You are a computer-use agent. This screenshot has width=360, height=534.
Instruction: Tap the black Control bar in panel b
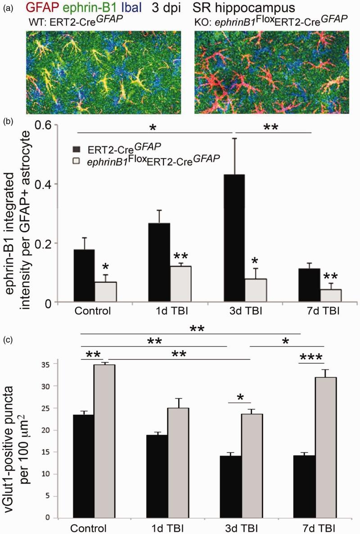point(83,276)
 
